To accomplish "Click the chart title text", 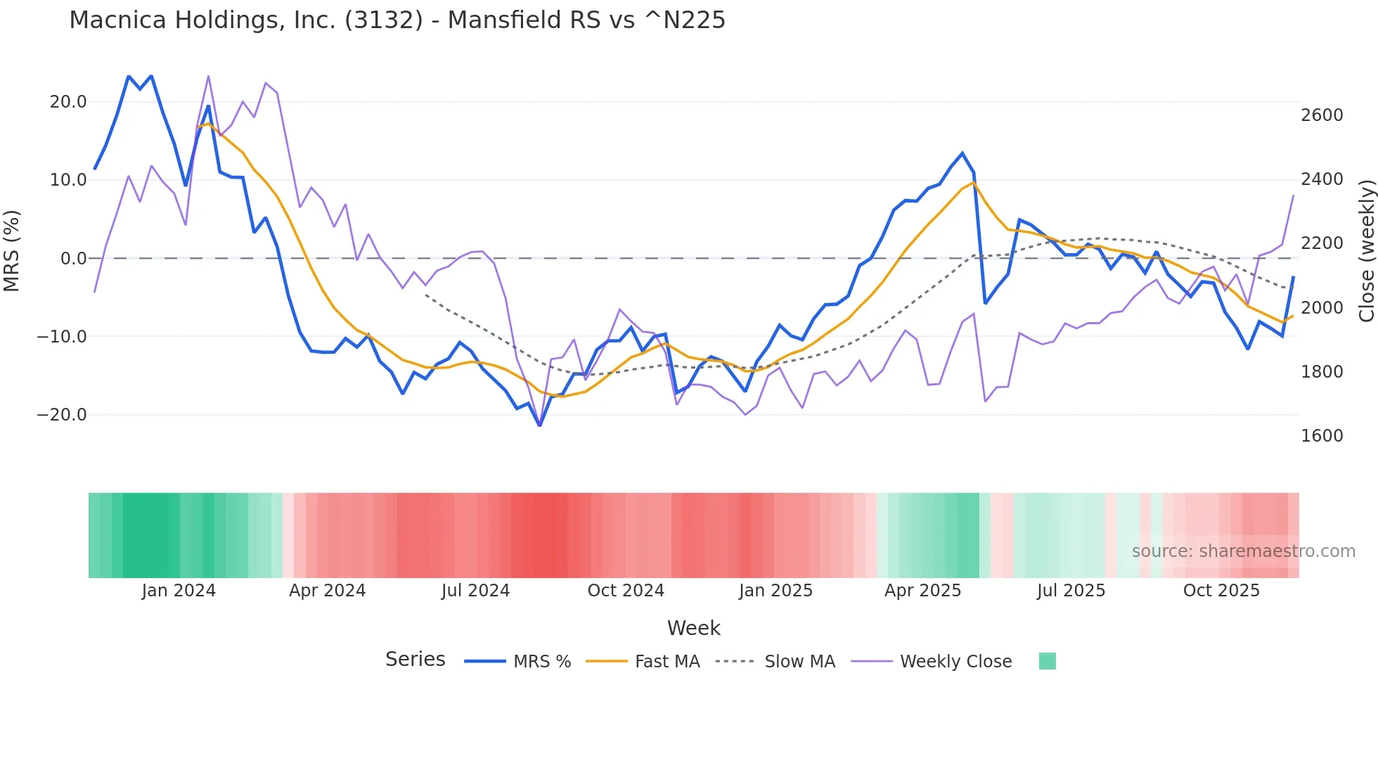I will click(397, 20).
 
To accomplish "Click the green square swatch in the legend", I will click(1048, 661).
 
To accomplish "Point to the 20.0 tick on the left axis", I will click(68, 102).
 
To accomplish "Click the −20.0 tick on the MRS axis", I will click(62, 415).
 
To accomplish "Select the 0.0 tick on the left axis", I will click(73, 259).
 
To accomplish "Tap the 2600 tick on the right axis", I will click(1322, 115).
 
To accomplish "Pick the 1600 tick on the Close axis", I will click(1322, 436).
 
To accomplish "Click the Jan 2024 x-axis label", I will click(179, 591).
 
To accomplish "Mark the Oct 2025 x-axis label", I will click(1221, 591).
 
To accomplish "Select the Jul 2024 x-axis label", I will click(475, 591).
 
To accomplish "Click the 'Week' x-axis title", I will click(693, 628).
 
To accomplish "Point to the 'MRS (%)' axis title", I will click(12, 250).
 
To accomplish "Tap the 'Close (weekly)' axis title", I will click(1366, 250).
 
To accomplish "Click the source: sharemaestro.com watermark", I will click(1243, 551).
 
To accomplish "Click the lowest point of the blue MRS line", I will click(540, 425).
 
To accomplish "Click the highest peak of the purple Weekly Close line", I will click(209, 76).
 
